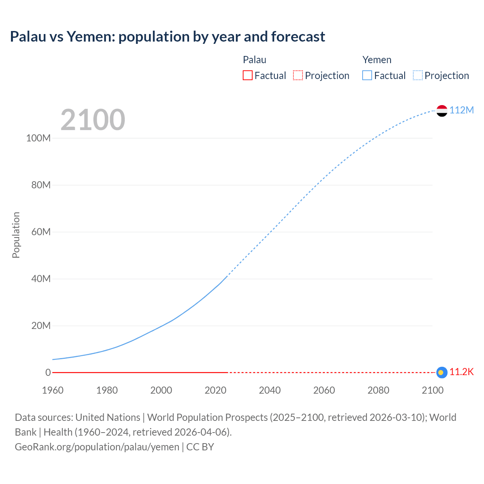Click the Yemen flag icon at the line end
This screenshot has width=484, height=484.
click(442, 111)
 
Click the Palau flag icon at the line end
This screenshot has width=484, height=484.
click(442, 372)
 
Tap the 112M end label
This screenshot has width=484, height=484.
click(461, 110)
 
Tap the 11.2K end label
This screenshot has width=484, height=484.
click(461, 372)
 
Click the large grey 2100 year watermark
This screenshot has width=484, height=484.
click(93, 120)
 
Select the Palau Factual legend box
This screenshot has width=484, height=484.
click(247, 75)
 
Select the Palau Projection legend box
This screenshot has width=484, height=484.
click(298, 75)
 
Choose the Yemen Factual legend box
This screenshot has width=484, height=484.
click(367, 75)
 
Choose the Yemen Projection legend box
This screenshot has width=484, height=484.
click(417, 75)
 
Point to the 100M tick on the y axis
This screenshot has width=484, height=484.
click(38, 138)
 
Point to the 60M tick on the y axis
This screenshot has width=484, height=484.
click(41, 232)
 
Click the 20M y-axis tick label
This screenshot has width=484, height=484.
click(41, 326)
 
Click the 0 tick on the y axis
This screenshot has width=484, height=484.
click(48, 372)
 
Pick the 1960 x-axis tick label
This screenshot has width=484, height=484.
click(53, 390)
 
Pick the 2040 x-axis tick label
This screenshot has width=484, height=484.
click(270, 390)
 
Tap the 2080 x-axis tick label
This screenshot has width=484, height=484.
click(378, 390)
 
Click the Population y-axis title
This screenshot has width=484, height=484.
click(16, 235)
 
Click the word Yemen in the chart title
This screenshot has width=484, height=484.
click(90, 37)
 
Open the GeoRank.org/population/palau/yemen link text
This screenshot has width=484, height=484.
click(97, 447)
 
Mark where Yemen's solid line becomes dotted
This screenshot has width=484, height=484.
click(227, 276)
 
